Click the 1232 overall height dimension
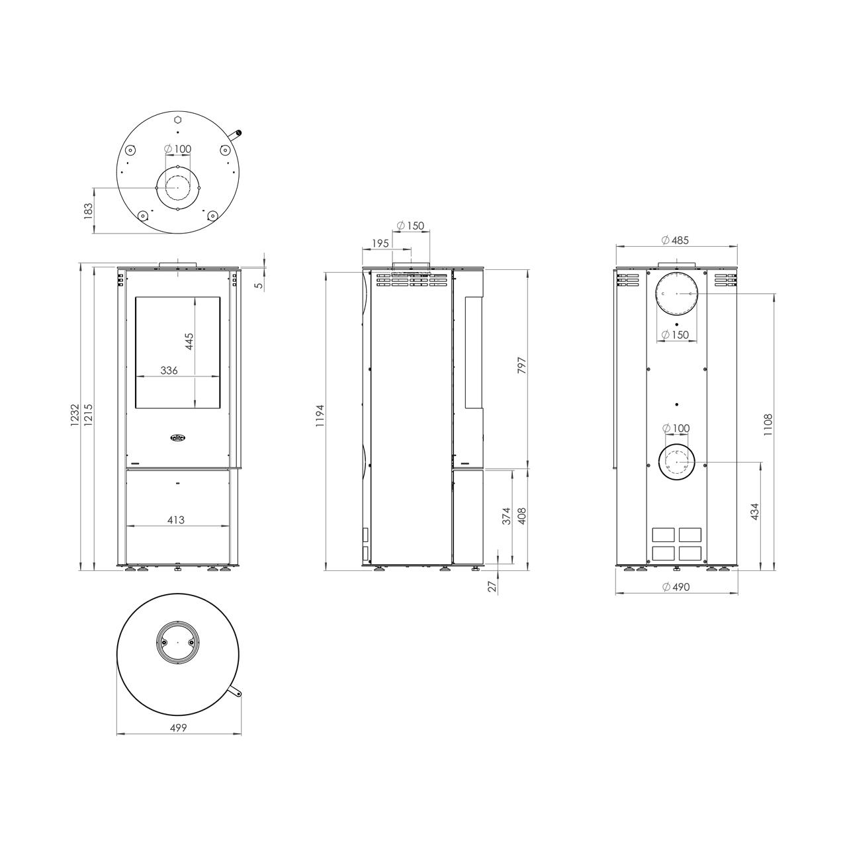pos(75,416)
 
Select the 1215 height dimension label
pos(89,416)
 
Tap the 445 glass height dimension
pos(189,341)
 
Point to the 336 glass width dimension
pos(169,371)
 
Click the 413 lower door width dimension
pos(176,520)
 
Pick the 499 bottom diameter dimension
pos(179,728)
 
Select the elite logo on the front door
pos(177,437)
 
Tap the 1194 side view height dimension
pos(320,416)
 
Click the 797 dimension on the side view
pos(521,366)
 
